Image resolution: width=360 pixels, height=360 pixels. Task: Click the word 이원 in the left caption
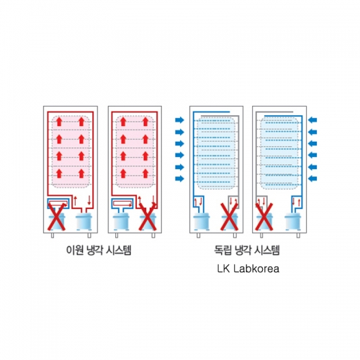coord(75,251)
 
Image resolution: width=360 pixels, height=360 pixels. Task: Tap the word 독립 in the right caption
coord(223,251)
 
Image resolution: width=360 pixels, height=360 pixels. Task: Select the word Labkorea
coord(256,269)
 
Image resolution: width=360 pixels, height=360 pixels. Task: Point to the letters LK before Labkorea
coord(224,269)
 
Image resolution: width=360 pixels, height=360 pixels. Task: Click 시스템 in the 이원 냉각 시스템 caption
coord(119,251)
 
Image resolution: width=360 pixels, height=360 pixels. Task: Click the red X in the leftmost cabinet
coord(57,217)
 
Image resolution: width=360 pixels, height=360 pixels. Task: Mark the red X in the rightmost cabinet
coord(264,217)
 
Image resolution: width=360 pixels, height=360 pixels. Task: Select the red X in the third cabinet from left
coord(230,217)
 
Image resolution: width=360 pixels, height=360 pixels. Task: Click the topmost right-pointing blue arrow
coord(179,120)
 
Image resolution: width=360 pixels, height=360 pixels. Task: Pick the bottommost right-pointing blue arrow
coord(179,179)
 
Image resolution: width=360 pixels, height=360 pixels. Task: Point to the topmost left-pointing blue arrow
coord(312,120)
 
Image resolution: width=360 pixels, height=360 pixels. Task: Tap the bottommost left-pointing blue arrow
coord(312,179)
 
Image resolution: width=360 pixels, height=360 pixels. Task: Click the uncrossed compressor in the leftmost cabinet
coord(84,221)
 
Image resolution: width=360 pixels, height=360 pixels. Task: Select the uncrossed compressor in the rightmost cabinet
coord(293,221)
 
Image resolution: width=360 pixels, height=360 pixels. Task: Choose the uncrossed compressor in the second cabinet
coord(121,221)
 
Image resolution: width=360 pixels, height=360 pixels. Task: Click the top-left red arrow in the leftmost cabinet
coord(59,122)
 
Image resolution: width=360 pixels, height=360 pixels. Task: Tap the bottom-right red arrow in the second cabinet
coord(145,174)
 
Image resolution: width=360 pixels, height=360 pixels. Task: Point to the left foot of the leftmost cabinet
coord(53,235)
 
